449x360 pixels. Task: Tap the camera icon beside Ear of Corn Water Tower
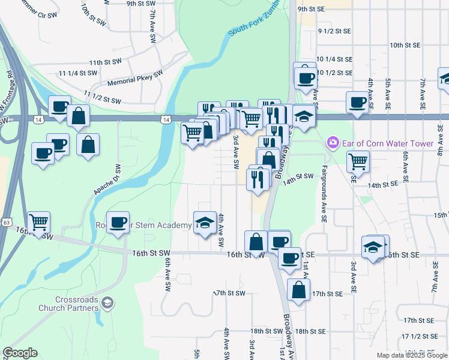331,143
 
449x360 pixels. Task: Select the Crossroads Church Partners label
68,304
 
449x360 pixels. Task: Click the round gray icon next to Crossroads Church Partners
107,302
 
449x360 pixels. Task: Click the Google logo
20,353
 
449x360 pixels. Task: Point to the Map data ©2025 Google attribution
411,355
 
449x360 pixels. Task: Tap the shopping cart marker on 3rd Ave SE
358,160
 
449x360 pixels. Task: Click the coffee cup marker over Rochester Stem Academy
118,222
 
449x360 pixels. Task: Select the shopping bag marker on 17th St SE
298,290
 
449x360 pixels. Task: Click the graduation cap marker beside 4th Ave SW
205,223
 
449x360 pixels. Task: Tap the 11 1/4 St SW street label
78,73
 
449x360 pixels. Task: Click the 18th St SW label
267,331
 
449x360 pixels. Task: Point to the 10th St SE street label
407,45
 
